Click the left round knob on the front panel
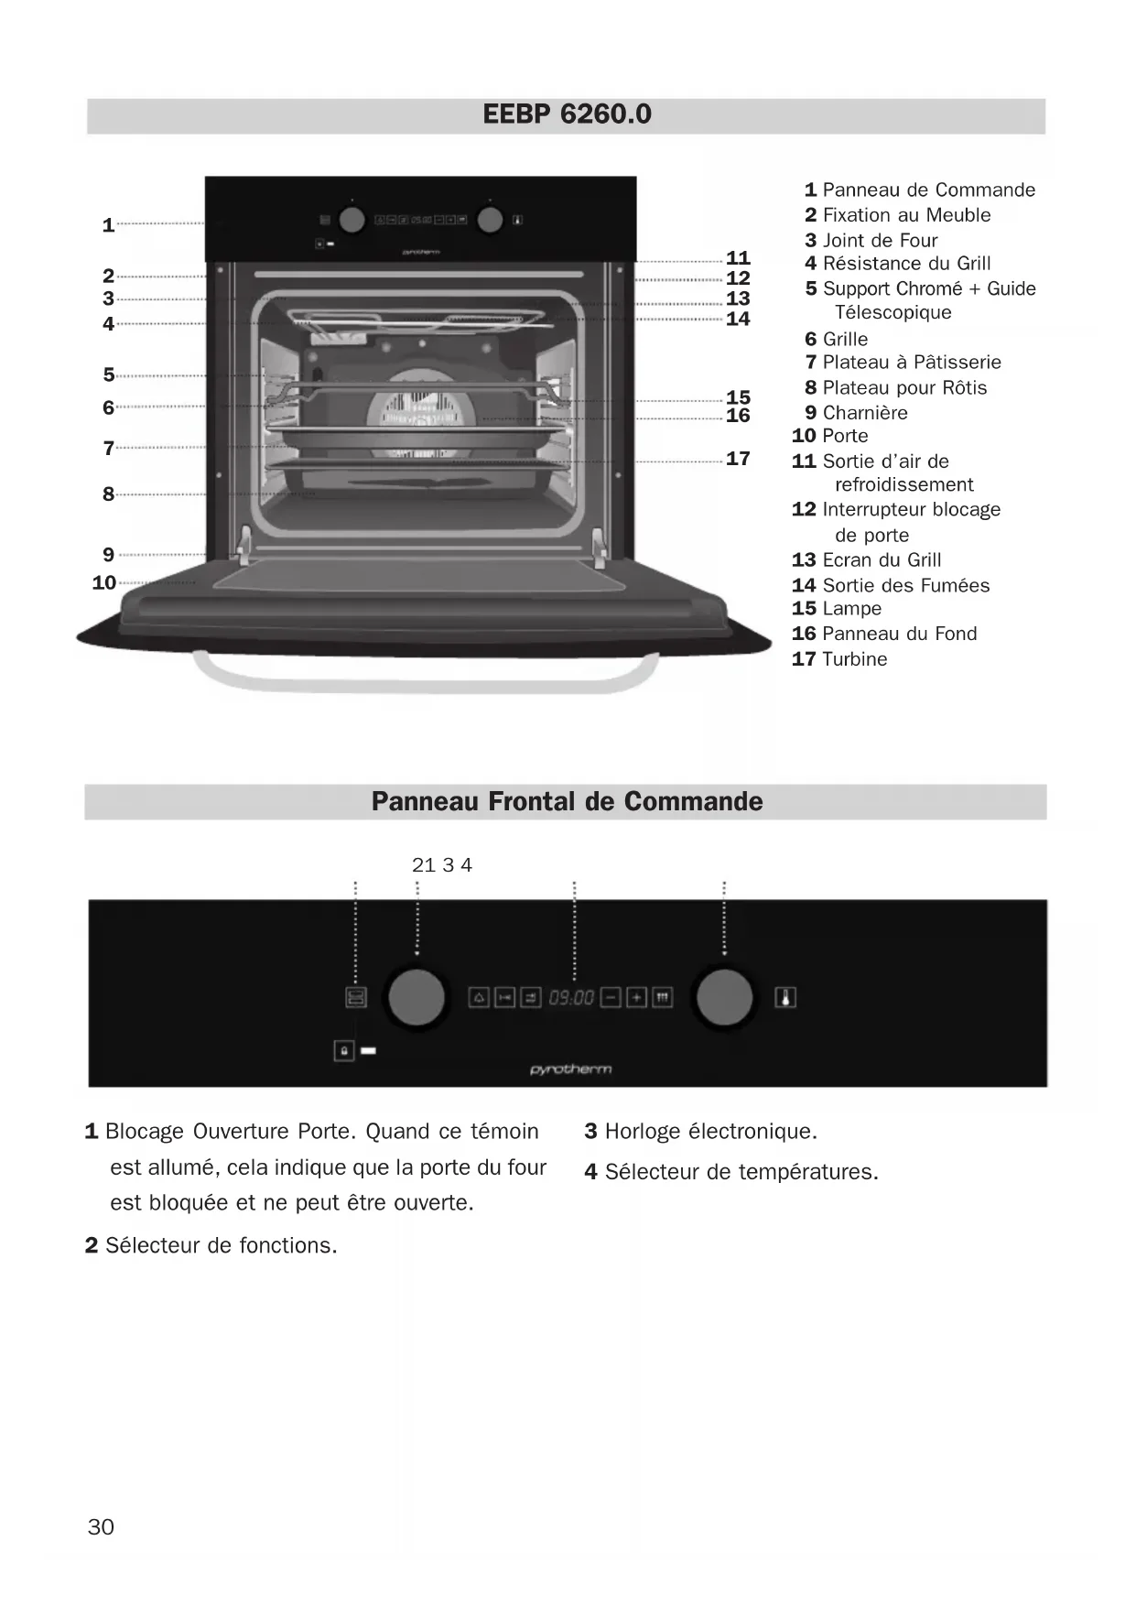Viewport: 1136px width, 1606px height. pos(417,997)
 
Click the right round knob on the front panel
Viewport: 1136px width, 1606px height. pos(724,997)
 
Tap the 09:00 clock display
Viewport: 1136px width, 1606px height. pos(571,997)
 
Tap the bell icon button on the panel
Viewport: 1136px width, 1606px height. pos(479,997)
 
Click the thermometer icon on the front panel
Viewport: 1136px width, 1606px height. pos(785,997)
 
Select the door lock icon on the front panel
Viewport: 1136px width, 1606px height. pos(344,1050)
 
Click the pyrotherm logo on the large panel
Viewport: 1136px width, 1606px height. pos(570,1069)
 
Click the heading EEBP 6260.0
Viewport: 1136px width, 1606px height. pos(567,114)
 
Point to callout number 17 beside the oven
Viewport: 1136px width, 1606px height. pos(738,459)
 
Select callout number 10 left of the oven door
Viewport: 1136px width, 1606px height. pos(104,582)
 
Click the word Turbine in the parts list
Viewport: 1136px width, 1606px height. pos(854,659)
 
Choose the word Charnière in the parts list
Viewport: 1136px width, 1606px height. pos(865,413)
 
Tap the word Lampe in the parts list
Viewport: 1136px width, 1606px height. pos(851,609)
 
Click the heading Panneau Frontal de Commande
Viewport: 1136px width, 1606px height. pos(567,801)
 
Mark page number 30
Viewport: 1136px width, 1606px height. pos(101,1526)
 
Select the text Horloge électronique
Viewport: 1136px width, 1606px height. pos(710,1132)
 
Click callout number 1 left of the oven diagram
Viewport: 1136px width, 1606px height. pos(108,225)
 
